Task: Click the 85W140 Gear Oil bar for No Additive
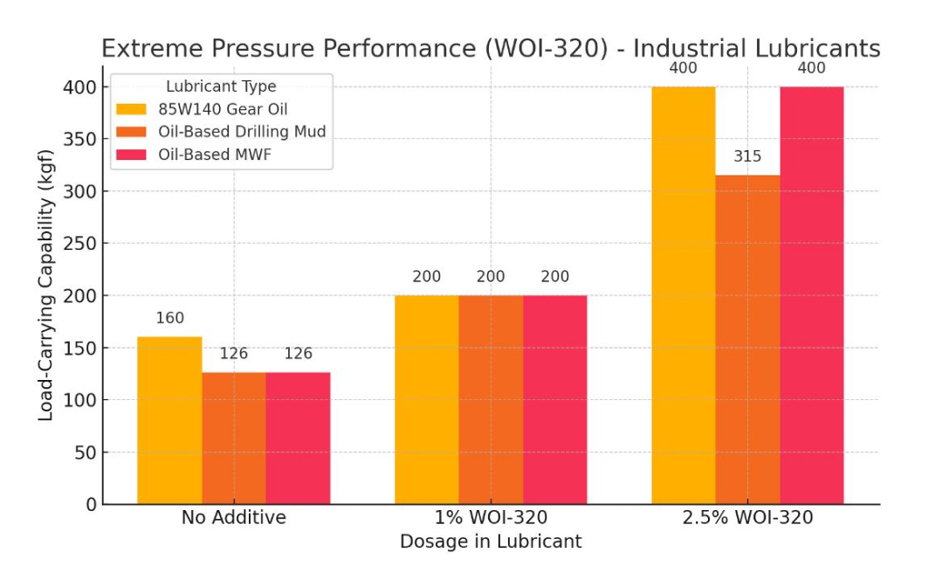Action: (169, 420)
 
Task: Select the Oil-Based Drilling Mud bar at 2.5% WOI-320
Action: (747, 340)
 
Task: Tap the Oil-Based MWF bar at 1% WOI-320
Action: (555, 399)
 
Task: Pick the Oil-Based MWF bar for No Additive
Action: (298, 438)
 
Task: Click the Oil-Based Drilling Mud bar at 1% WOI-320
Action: (491, 399)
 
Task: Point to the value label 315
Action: (747, 157)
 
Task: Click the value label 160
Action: (169, 319)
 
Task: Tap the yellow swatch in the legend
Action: (132, 109)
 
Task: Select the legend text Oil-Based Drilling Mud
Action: (242, 132)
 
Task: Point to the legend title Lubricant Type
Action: (221, 86)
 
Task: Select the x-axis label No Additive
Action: (233, 518)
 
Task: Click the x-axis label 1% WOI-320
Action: (491, 518)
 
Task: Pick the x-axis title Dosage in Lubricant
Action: (491, 542)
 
